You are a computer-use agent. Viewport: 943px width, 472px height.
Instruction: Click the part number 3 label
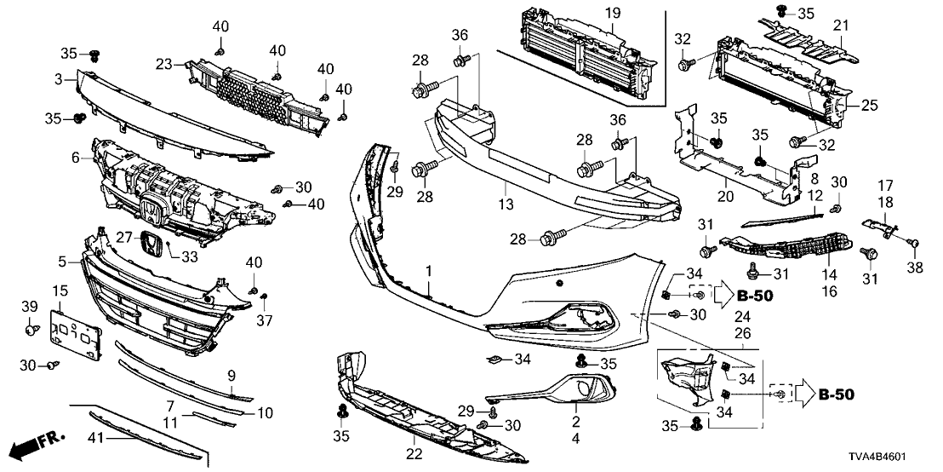click(x=58, y=78)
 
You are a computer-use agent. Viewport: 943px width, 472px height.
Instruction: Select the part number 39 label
click(x=29, y=306)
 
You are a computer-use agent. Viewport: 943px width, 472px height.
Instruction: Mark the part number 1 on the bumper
click(x=430, y=271)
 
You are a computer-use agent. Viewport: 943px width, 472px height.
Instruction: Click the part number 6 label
click(x=75, y=158)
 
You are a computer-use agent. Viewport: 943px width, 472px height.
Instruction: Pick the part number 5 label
click(x=62, y=260)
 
